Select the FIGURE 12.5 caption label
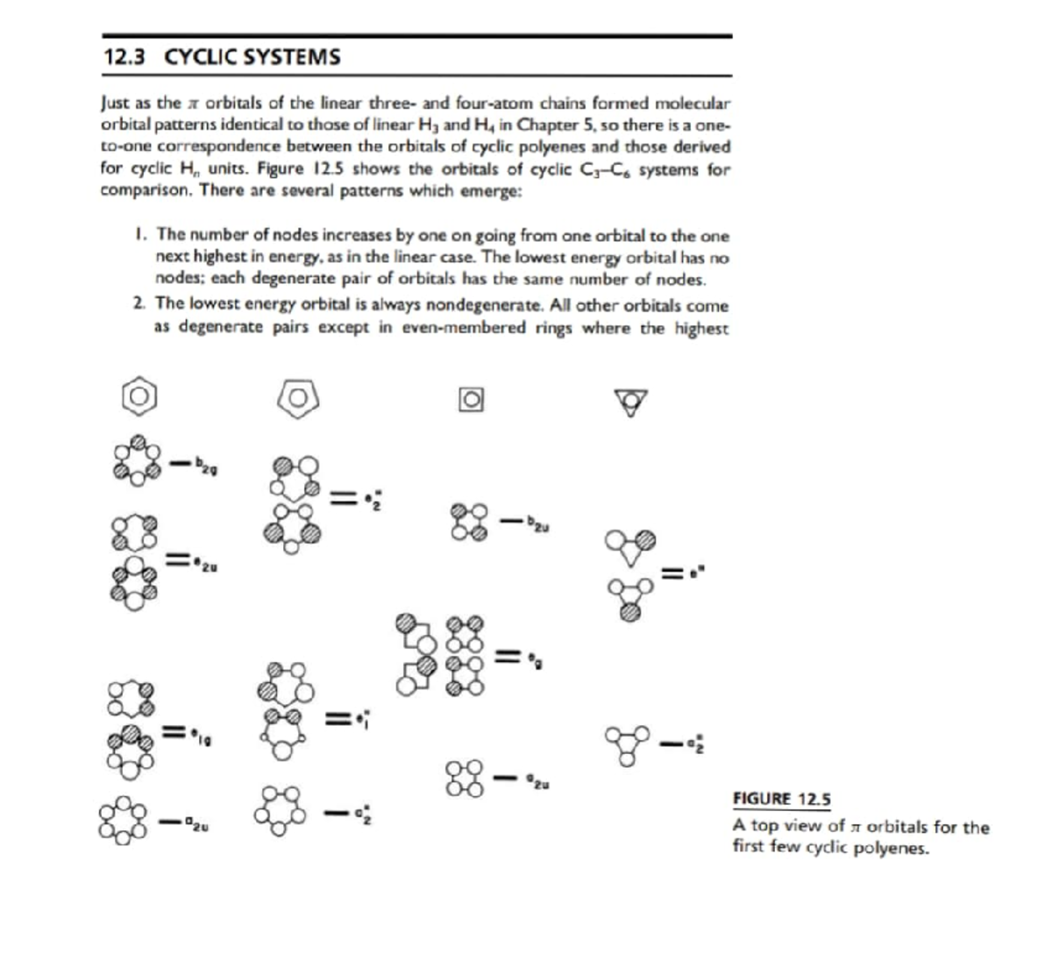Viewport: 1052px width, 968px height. [x=781, y=799]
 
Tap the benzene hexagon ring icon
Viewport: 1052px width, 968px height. [x=139, y=397]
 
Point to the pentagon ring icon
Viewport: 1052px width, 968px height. [x=298, y=398]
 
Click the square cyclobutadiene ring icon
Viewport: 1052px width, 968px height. [x=472, y=400]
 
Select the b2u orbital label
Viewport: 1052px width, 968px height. [x=537, y=523]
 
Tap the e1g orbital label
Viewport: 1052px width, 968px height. [x=202, y=737]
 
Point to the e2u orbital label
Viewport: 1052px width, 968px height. [x=205, y=564]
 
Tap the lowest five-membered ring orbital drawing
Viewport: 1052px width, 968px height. [x=281, y=811]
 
